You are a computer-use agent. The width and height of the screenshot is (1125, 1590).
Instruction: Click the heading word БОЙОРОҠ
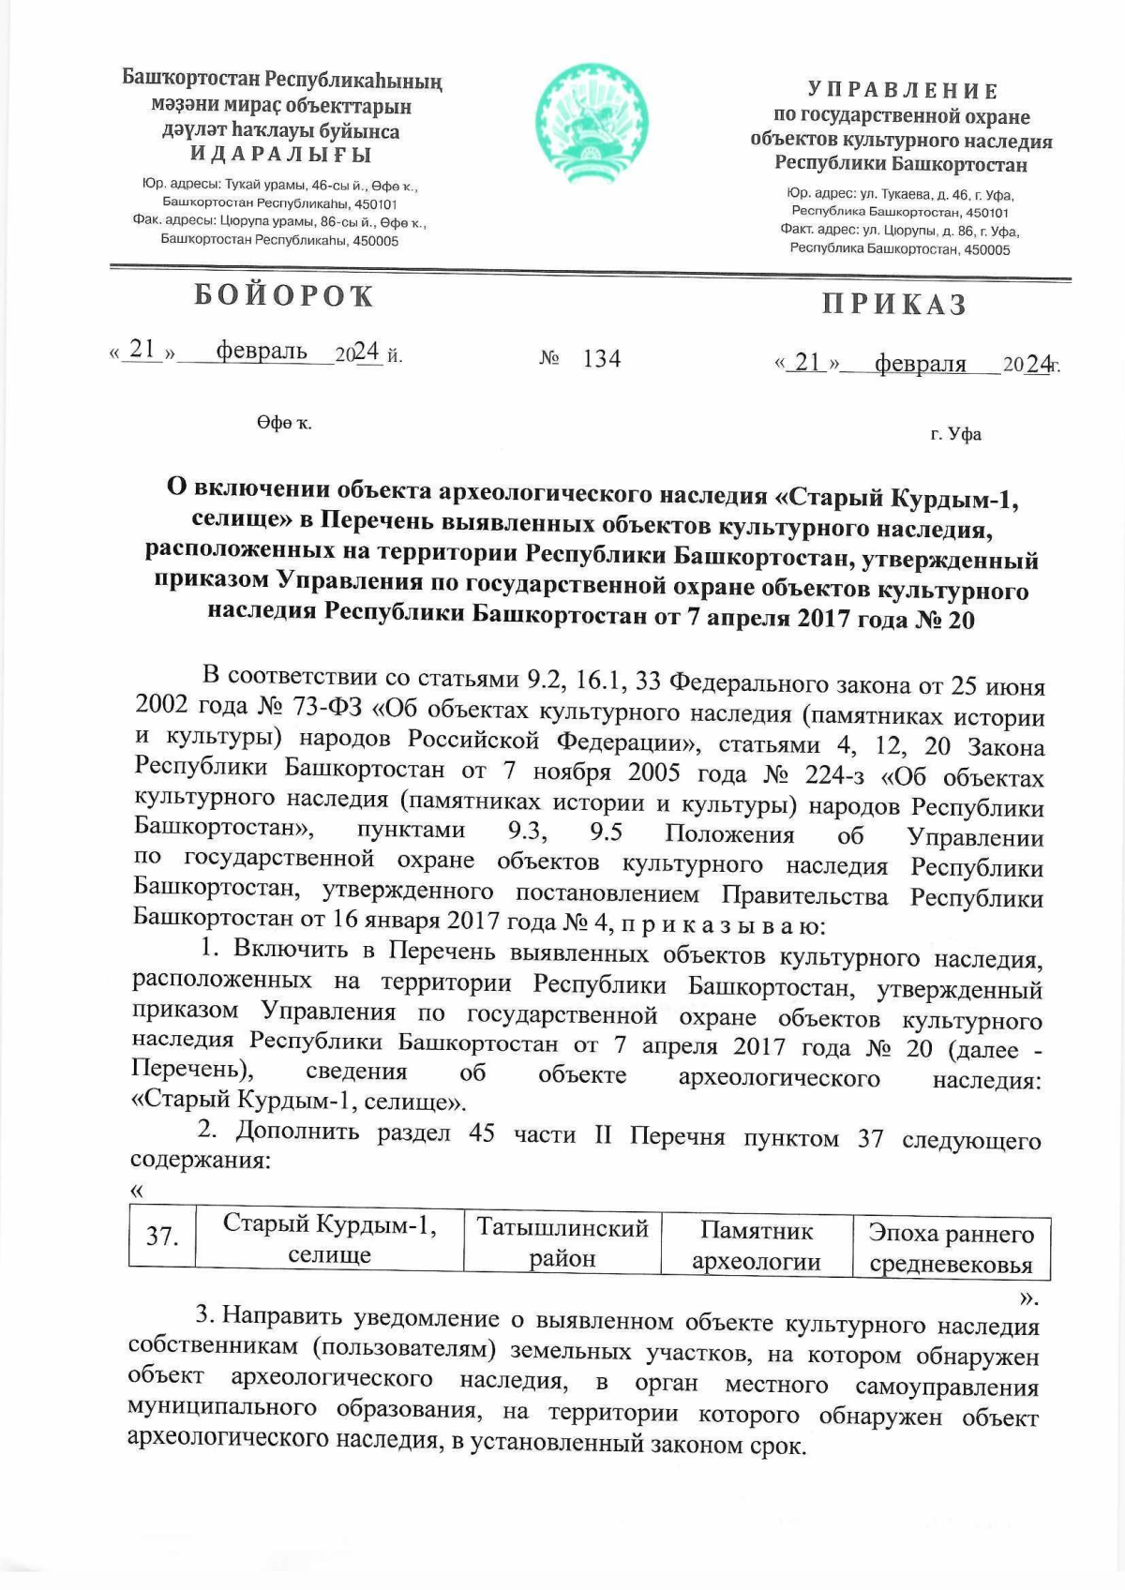284,296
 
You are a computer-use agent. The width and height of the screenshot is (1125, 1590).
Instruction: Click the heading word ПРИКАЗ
894,305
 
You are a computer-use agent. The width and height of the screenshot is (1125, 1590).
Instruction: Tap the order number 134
601,358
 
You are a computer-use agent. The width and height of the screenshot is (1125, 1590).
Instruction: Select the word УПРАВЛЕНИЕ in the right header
903,91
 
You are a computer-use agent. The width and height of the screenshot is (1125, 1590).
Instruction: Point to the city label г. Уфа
955,434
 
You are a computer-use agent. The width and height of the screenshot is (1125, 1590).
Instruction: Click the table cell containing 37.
162,1237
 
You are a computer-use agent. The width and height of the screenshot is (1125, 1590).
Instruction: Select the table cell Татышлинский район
562,1243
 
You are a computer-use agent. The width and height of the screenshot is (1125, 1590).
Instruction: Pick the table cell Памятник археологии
757,1246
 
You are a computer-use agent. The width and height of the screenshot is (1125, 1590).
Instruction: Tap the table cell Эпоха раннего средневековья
951,1249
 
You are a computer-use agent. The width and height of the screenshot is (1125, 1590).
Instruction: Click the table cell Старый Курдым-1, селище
329,1239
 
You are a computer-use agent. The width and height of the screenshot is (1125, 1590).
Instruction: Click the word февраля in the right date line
920,364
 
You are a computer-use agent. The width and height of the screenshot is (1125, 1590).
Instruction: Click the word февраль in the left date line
262,352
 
